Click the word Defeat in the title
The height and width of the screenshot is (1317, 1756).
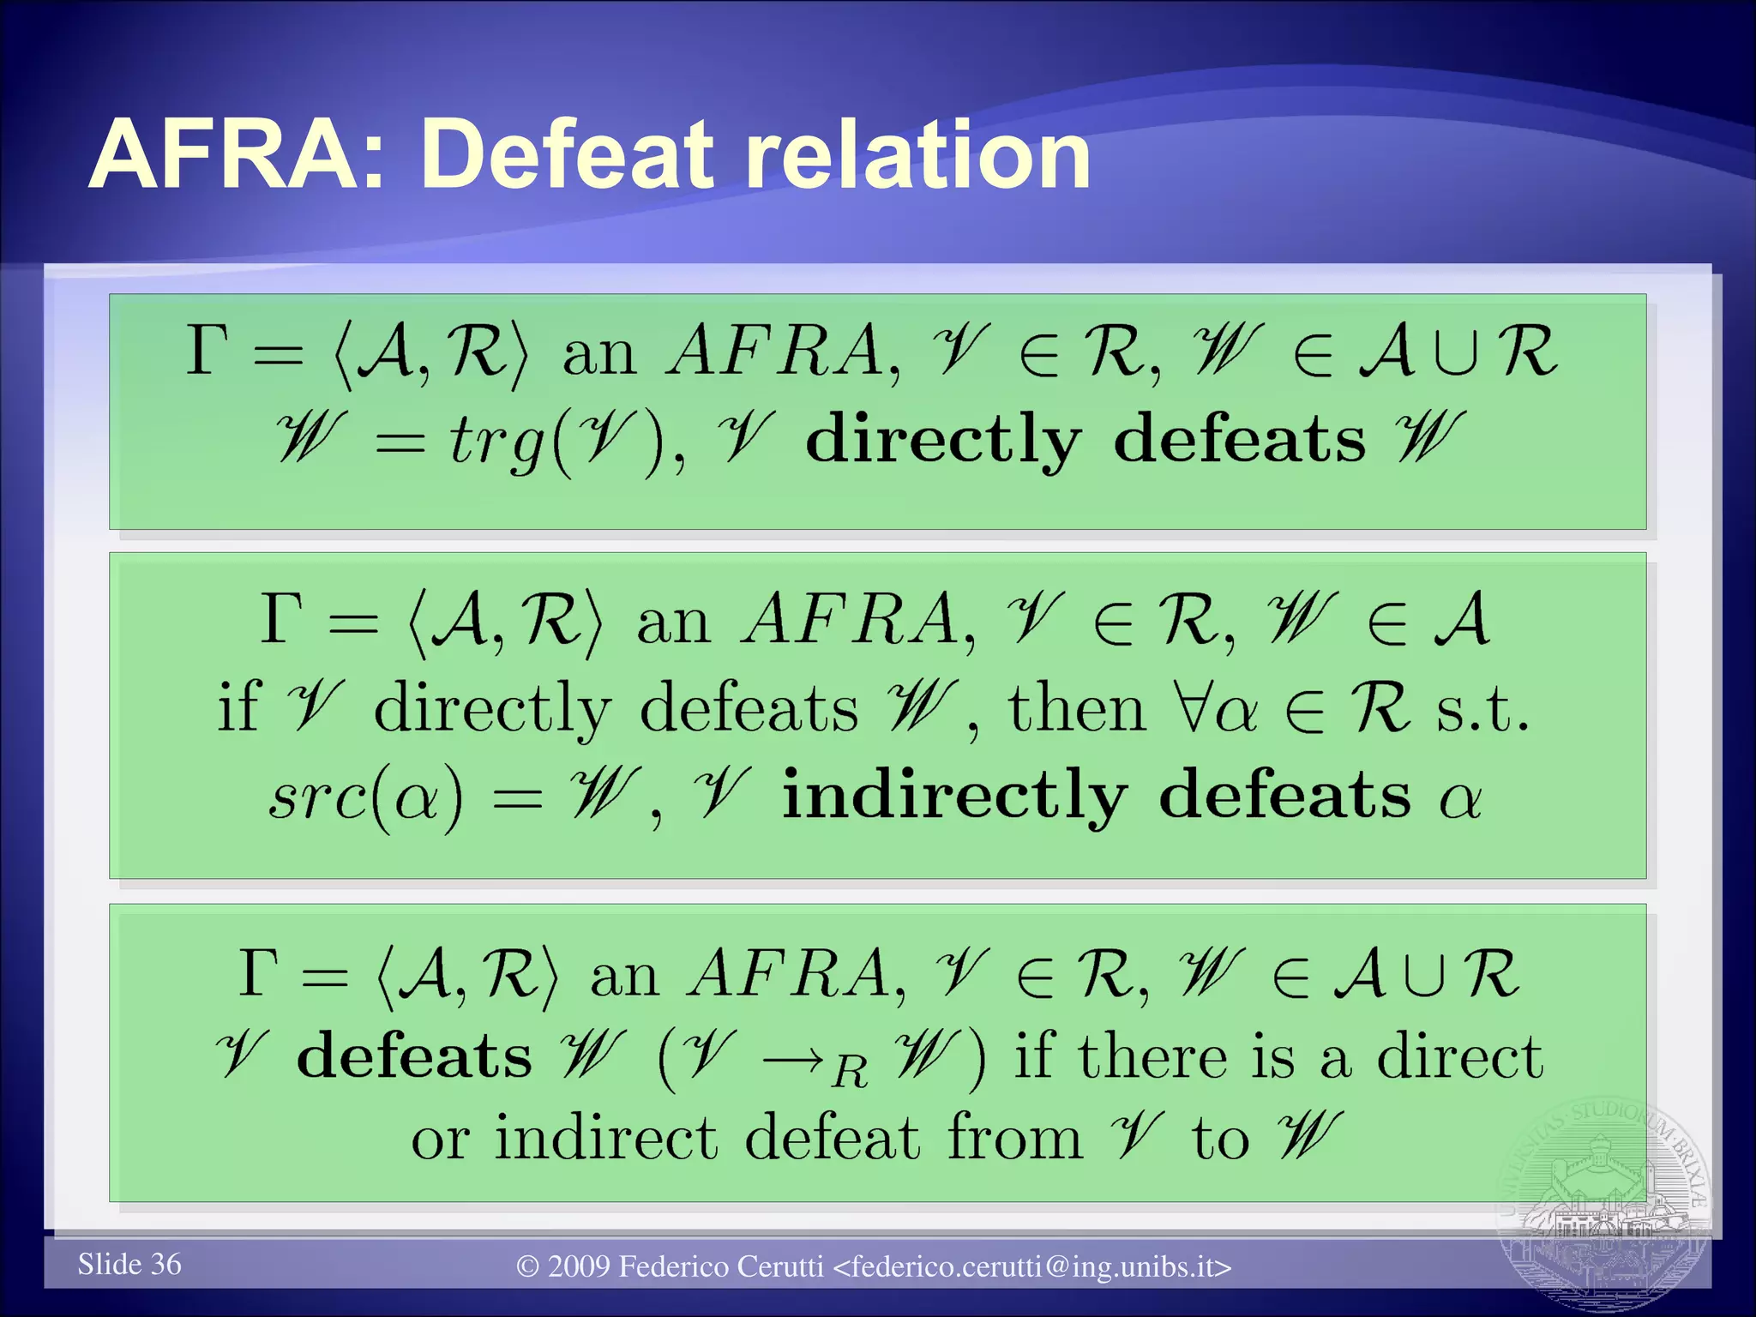click(x=566, y=155)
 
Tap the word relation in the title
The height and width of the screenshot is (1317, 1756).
click(x=917, y=155)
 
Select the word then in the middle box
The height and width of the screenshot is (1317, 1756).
click(x=1076, y=709)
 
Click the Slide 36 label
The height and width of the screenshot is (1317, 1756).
click(x=129, y=1264)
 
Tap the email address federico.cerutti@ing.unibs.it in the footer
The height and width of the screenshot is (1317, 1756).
click(x=1032, y=1266)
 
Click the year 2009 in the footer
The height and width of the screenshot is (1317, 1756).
click(x=579, y=1266)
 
